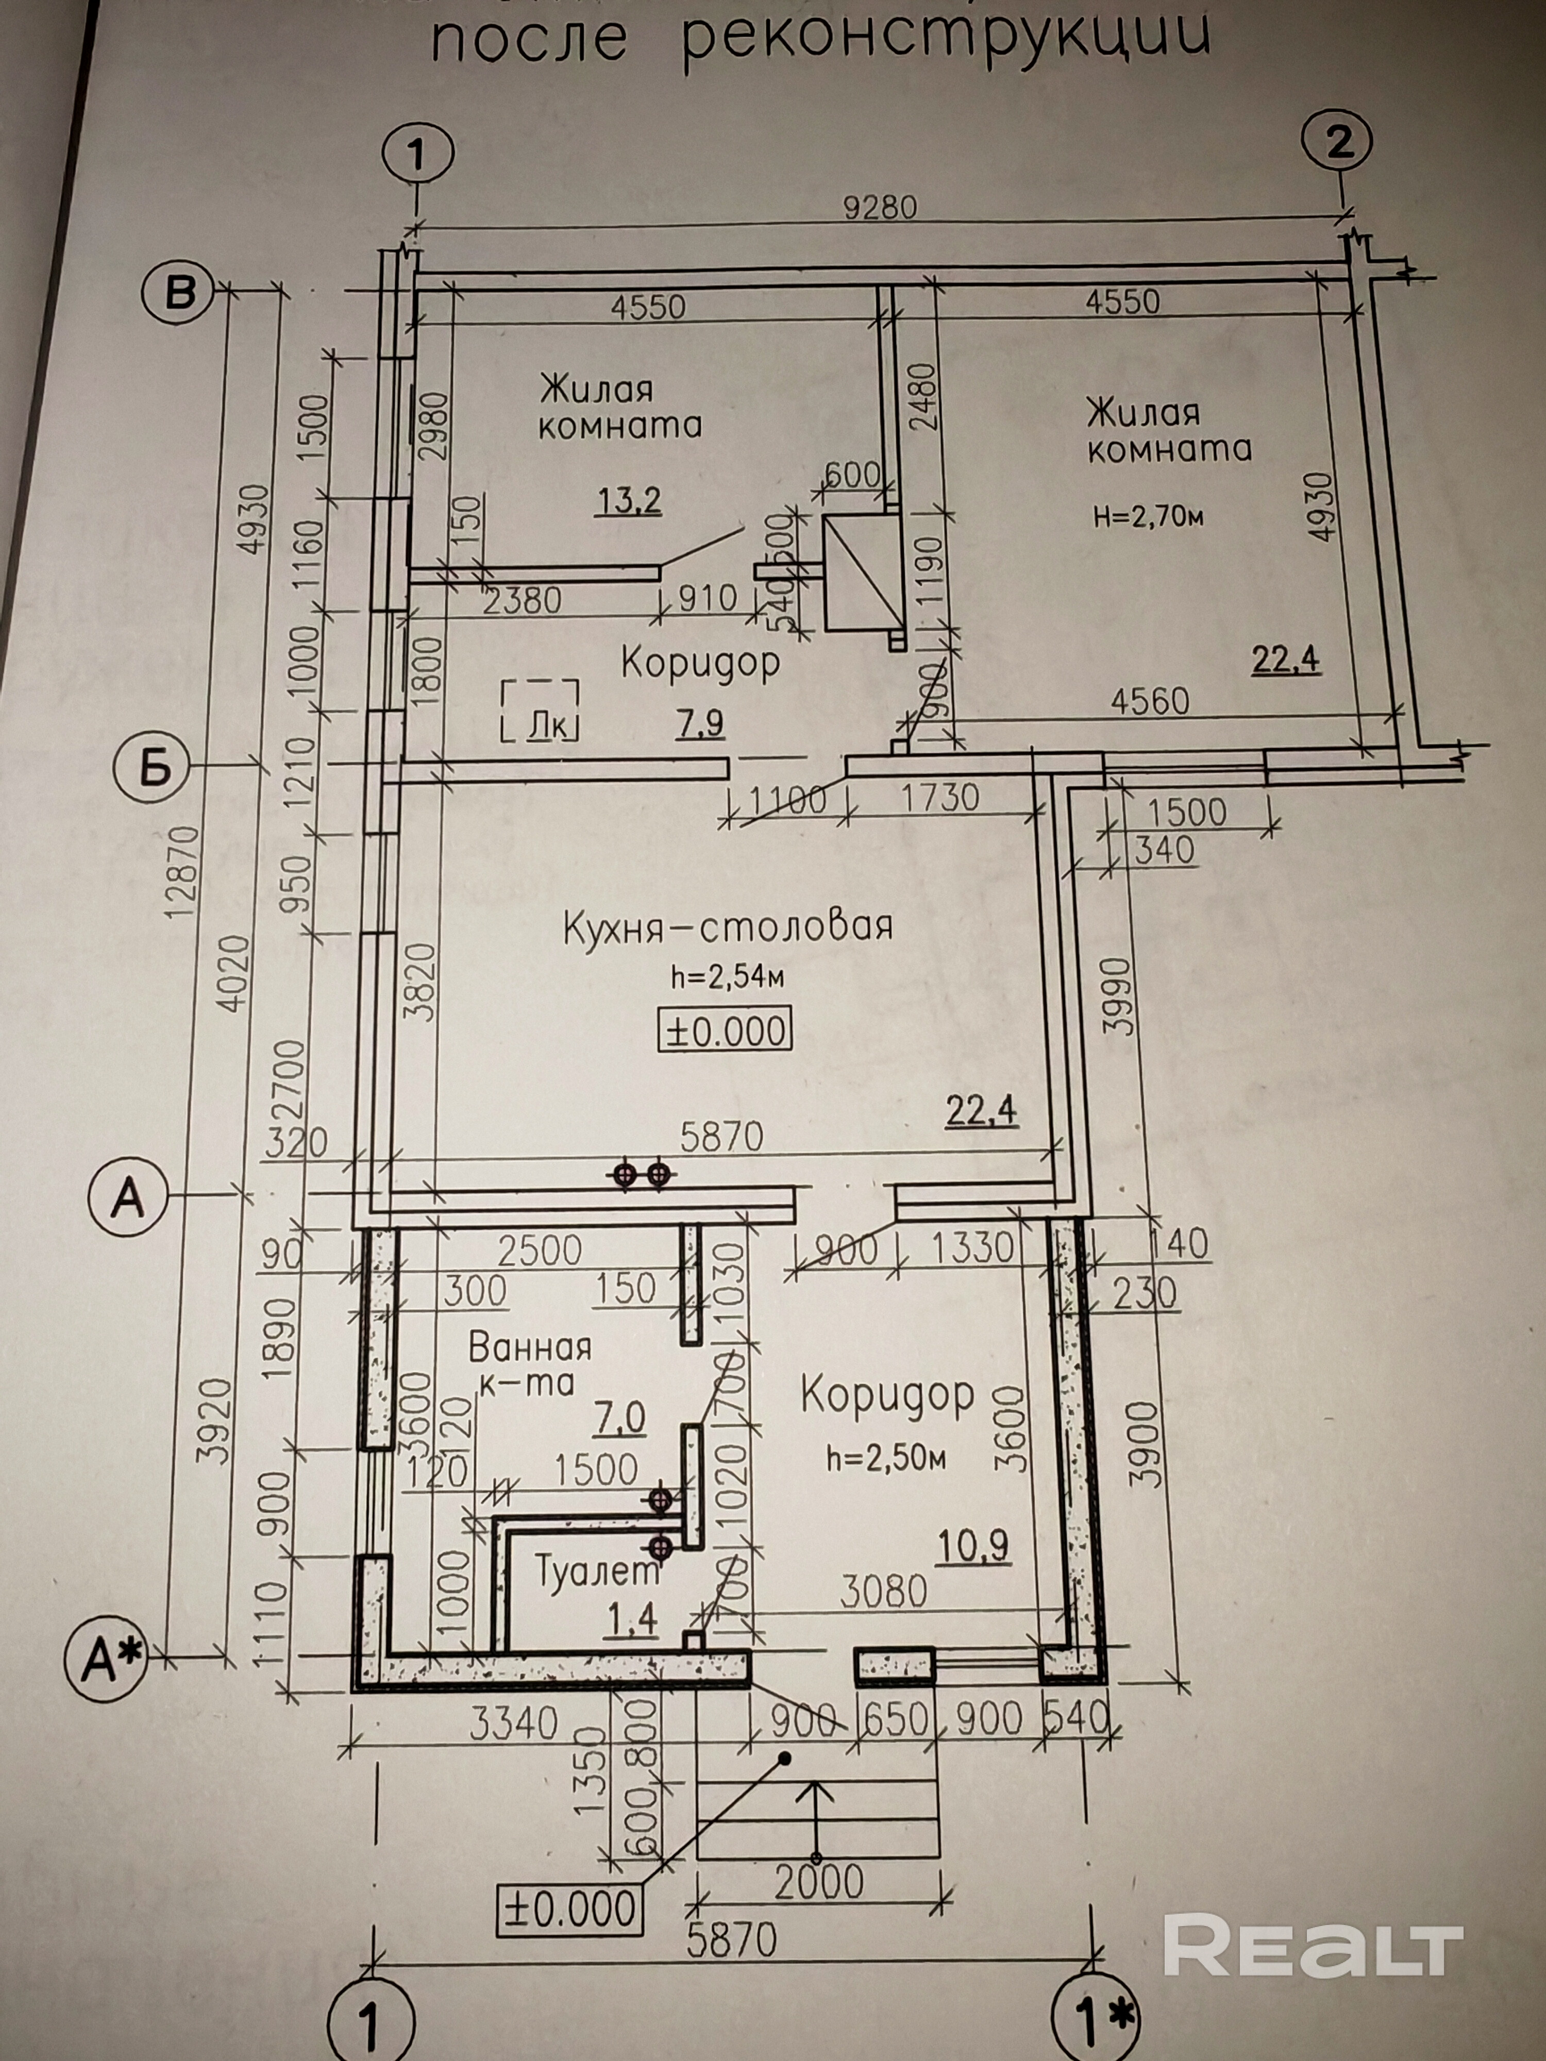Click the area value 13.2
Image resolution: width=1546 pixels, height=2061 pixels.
tap(629, 501)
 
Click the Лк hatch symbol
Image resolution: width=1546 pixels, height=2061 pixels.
tap(541, 710)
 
